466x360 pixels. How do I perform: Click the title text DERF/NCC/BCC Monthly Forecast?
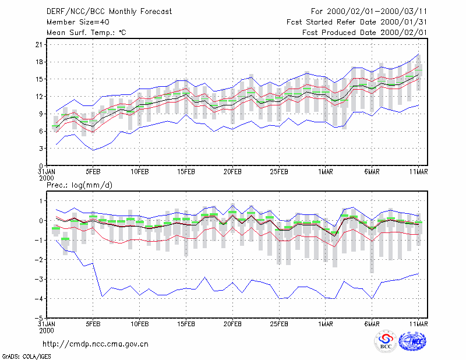point(109,12)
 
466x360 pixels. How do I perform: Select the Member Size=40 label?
point(78,22)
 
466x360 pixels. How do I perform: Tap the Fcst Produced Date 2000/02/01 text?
point(365,33)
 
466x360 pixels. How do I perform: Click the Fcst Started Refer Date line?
point(356,22)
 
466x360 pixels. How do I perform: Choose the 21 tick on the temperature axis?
point(39,45)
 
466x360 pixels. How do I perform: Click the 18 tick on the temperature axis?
point(39,62)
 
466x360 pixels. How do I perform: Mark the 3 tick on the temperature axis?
point(41,149)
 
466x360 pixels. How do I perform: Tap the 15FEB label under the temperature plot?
point(186,172)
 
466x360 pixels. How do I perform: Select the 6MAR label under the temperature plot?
point(372,172)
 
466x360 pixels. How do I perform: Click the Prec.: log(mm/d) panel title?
point(79,185)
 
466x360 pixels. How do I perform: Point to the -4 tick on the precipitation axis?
point(38,298)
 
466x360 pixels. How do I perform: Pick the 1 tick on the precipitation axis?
point(41,201)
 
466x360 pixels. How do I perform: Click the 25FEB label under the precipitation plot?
point(279,324)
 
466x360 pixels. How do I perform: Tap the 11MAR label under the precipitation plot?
point(418,324)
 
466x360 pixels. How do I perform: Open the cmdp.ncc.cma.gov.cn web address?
point(96,344)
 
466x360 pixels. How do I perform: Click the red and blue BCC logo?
point(386,341)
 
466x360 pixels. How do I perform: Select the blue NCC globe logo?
point(412,341)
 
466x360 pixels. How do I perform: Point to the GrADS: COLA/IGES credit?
point(27,357)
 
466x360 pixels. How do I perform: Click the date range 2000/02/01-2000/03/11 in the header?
point(377,12)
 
